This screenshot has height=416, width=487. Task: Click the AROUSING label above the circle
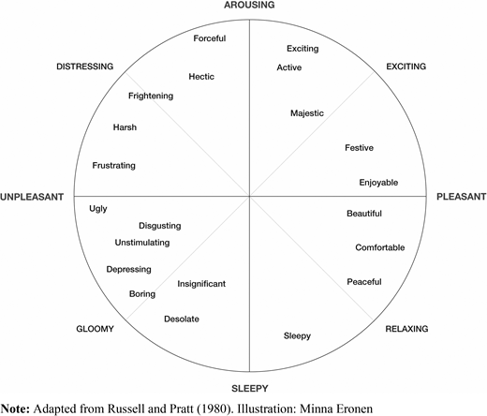coord(249,5)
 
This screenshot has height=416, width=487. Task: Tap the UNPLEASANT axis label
coord(32,197)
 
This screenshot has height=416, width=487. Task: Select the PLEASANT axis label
coord(461,197)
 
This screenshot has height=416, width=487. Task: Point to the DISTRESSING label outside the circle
coord(85,67)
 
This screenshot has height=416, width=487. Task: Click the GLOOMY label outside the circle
coord(95,329)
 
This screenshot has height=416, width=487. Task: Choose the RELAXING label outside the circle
coord(406,329)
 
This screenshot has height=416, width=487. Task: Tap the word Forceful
coord(210,38)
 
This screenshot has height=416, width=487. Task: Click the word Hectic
coord(201,77)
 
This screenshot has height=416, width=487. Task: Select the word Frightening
coord(151,96)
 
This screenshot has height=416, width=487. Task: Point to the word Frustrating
coord(113,166)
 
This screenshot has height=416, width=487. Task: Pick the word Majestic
coord(307,113)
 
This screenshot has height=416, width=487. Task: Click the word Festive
coord(359,147)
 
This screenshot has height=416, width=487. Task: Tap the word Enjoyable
coord(378,183)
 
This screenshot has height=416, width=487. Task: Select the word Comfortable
coord(380,247)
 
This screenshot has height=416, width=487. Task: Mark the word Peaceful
coord(364,282)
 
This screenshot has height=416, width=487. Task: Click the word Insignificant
coord(201,284)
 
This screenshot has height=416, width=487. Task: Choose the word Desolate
coord(182,319)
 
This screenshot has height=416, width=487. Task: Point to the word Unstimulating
coord(142,243)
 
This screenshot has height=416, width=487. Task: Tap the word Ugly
coord(98,209)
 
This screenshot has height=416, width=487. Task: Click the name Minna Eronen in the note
coord(336,409)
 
